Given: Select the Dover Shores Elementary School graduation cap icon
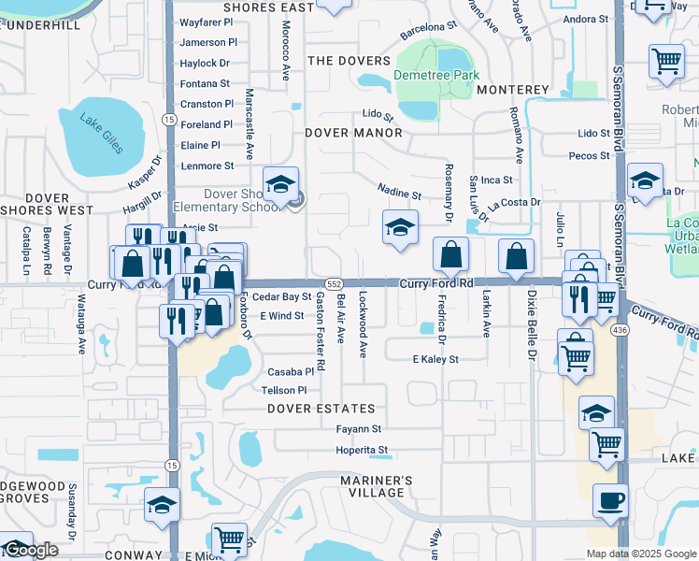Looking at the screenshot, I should (x=279, y=185).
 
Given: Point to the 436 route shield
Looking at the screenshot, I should (x=619, y=330).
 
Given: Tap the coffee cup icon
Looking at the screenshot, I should (x=609, y=500).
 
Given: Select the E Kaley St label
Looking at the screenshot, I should (x=435, y=359).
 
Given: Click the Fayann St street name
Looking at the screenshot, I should (x=360, y=429).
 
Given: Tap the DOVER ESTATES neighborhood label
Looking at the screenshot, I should (x=321, y=409).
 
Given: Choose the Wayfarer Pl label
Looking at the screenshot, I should (x=207, y=22).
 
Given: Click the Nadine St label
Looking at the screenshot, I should (x=399, y=194).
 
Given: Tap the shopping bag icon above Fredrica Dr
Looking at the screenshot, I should (x=450, y=254).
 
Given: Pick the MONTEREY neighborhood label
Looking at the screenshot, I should (x=512, y=90).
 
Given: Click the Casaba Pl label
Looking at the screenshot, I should (x=289, y=371).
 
